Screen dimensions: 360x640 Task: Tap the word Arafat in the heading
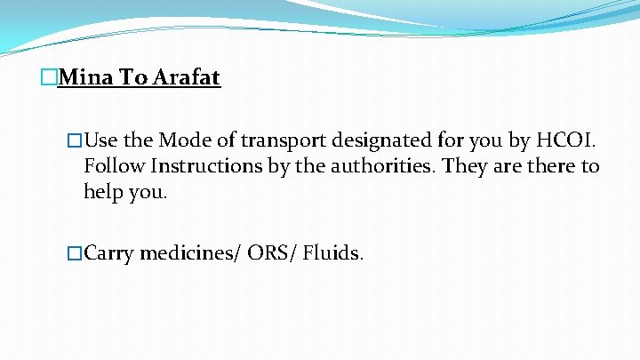187,78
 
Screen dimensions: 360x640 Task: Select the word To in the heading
134,78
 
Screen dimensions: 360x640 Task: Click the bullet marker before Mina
48,78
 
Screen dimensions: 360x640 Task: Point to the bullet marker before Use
75,140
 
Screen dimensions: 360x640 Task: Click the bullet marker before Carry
75,253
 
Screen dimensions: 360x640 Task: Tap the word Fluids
332,253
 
